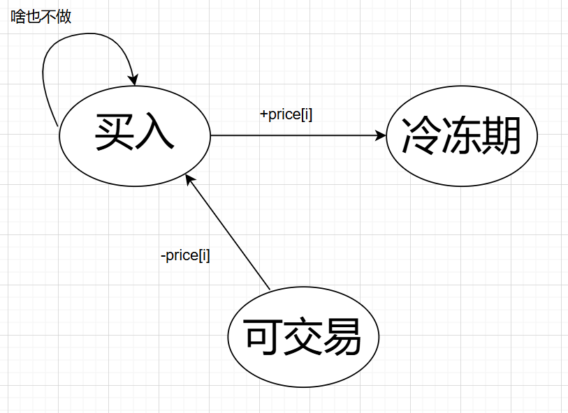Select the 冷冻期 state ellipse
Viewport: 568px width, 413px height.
point(462,136)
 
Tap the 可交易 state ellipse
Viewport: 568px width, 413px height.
point(303,338)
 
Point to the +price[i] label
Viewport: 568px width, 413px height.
point(286,114)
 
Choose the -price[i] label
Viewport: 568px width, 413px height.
point(185,255)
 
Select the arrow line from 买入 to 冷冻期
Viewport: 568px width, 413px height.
point(293,135)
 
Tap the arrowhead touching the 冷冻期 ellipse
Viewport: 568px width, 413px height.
point(380,135)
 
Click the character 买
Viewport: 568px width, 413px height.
point(113,133)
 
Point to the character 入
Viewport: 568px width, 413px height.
point(154,133)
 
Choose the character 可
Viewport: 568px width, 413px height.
point(263,338)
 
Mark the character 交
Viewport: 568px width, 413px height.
point(303,338)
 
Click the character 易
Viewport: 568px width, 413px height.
point(343,338)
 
